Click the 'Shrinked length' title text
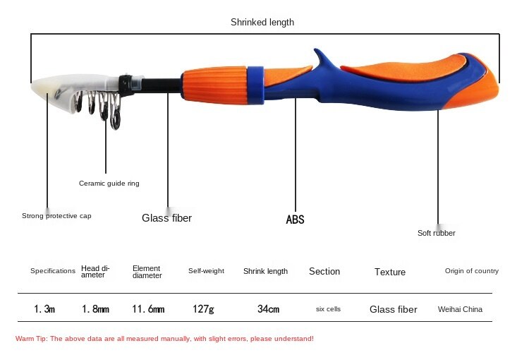tap(262, 23)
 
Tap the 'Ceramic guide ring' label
tap(109, 184)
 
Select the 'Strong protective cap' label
tap(56, 216)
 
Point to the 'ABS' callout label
tap(296, 220)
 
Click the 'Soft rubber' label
tap(436, 233)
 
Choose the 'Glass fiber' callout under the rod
tap(166, 218)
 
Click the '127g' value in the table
tap(203, 309)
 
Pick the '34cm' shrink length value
tap(268, 309)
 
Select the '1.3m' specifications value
tap(44, 309)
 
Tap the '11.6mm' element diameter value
tap(148, 309)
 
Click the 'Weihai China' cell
tap(460, 309)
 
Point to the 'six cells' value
tap(328, 309)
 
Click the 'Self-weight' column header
tap(206, 271)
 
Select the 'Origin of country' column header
tap(472, 271)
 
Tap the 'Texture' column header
tap(390, 272)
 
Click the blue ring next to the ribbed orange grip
tap(255, 85)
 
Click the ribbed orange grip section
tap(214, 85)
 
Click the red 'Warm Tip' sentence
tap(164, 339)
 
